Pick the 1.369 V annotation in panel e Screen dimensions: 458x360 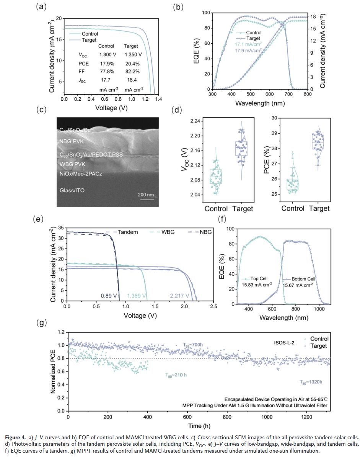click(136, 296)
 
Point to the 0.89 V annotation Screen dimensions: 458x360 click(107, 296)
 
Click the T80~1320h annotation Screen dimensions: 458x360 click(311, 381)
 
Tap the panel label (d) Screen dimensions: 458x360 click(177, 110)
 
